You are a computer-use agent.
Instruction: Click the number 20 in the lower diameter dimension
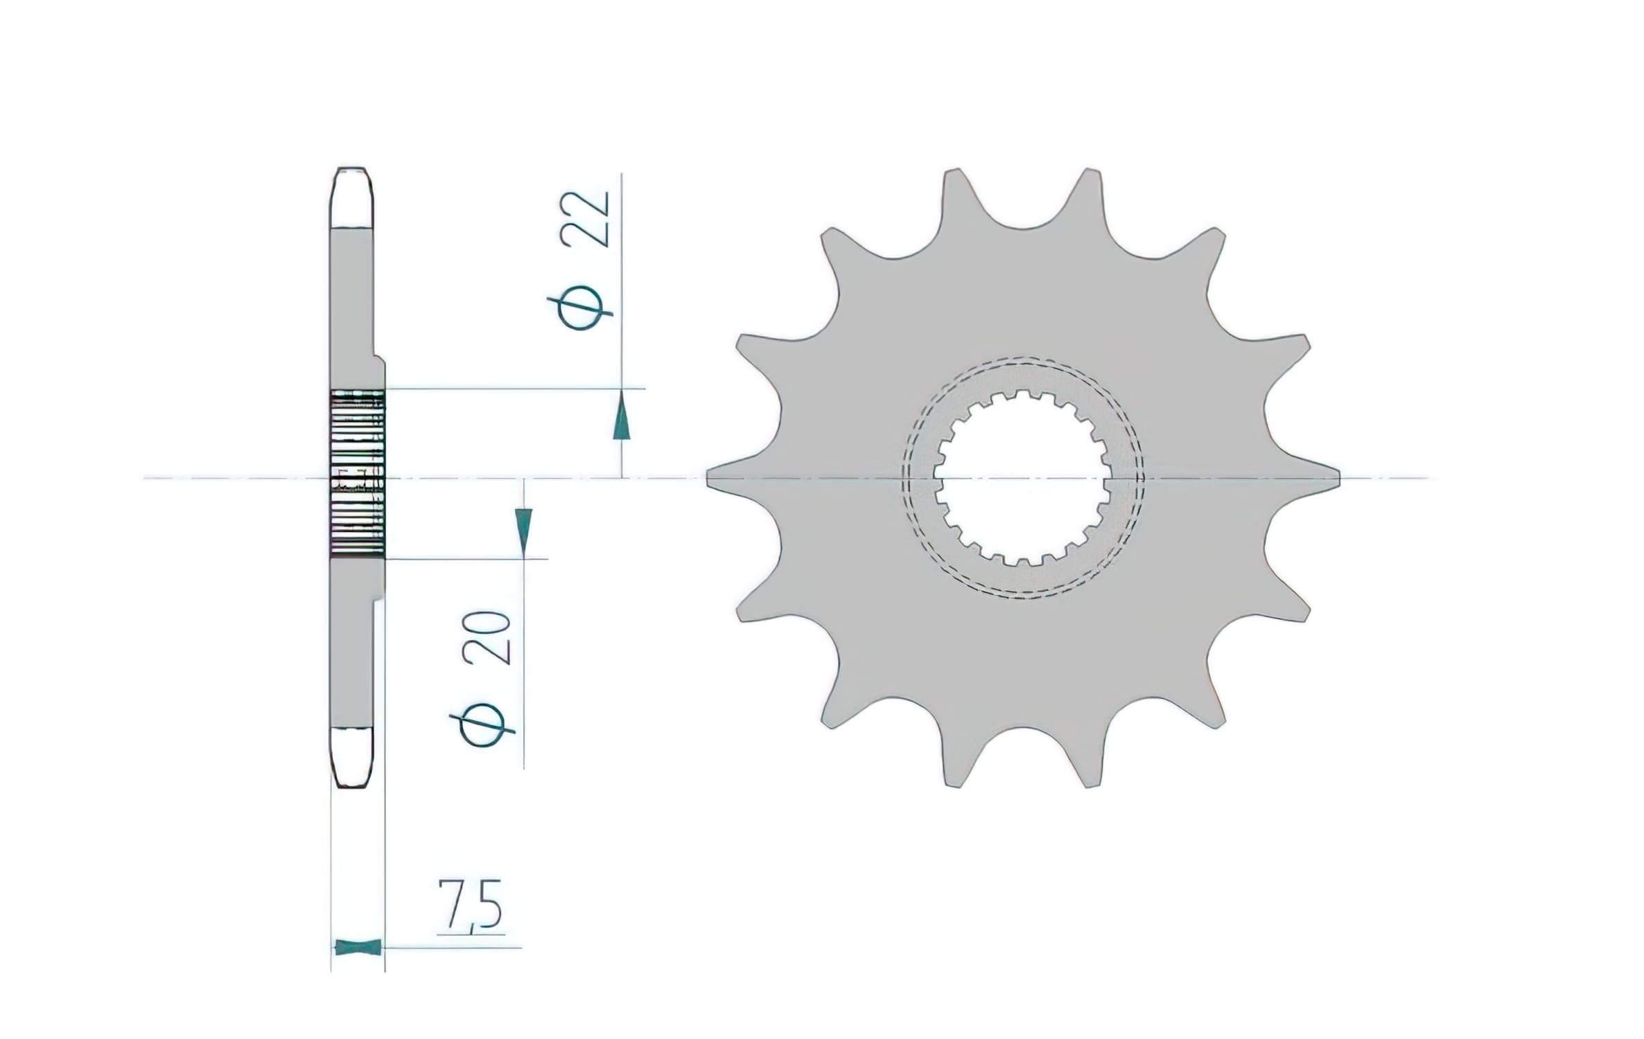(x=493, y=638)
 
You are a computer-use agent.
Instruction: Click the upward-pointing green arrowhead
(x=622, y=416)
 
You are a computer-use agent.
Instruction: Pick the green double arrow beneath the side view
(x=358, y=946)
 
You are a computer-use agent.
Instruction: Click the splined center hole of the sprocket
(x=1022, y=478)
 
